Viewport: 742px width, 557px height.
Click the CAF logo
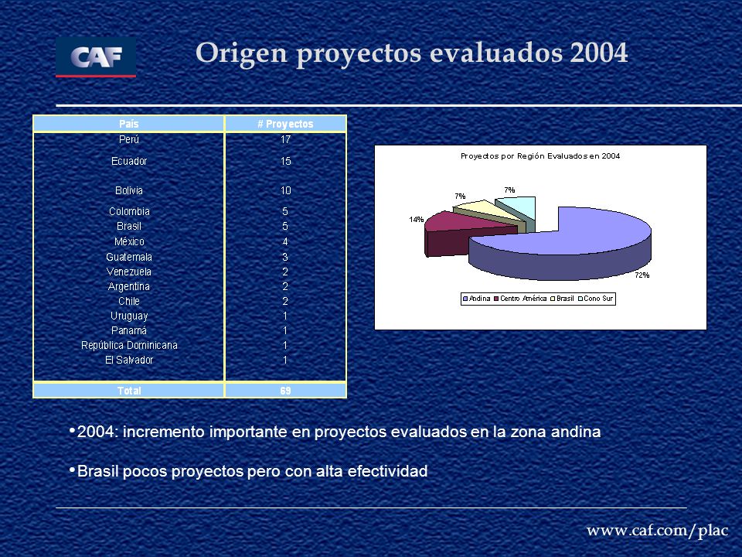coord(96,56)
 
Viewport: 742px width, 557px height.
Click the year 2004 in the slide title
coord(598,53)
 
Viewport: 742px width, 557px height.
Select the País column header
coord(129,124)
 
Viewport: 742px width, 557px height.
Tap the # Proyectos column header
coord(285,124)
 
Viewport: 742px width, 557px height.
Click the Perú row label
coord(129,139)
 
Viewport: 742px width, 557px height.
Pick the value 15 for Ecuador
coord(285,161)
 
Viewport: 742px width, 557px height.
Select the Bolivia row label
coord(129,190)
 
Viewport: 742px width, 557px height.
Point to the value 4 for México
coord(285,241)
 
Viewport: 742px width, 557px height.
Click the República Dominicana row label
coord(129,345)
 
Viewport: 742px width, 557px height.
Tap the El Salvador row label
coord(129,360)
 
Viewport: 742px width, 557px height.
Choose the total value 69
coord(285,391)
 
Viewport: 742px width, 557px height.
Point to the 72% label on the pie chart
coord(642,275)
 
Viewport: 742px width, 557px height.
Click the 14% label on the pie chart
coord(417,219)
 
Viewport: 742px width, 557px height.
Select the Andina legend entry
coord(477,299)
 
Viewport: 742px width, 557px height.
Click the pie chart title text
coord(540,155)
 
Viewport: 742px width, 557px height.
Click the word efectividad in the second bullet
coord(387,471)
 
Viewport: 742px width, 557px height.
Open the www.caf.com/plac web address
coord(657,531)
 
